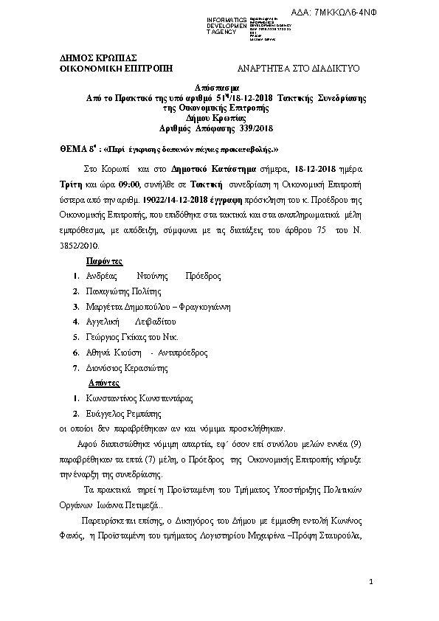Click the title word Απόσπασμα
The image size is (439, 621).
tap(217, 87)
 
